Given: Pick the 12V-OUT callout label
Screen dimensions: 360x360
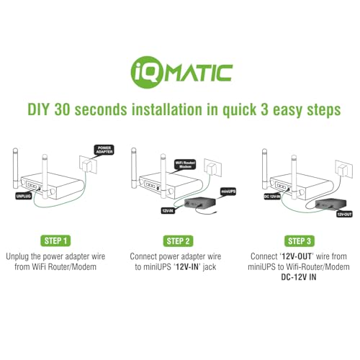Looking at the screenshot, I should pyautogui.click(x=343, y=214).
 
